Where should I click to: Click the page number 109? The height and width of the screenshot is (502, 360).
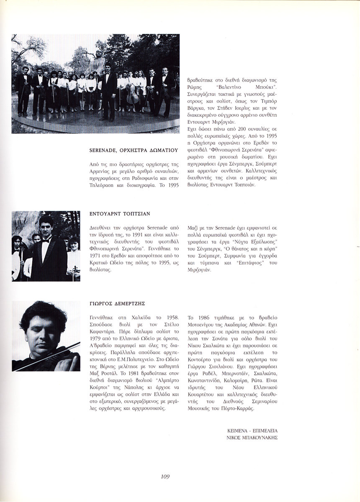click(165, 476)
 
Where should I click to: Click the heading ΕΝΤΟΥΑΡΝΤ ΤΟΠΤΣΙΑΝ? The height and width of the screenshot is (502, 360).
click(120, 213)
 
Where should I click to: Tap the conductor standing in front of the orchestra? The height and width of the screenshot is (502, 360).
click(108, 90)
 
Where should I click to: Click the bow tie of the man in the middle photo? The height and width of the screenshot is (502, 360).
click(46, 241)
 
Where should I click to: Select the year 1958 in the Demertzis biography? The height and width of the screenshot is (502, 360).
click(173, 318)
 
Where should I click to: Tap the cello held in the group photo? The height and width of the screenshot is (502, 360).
click(133, 95)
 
